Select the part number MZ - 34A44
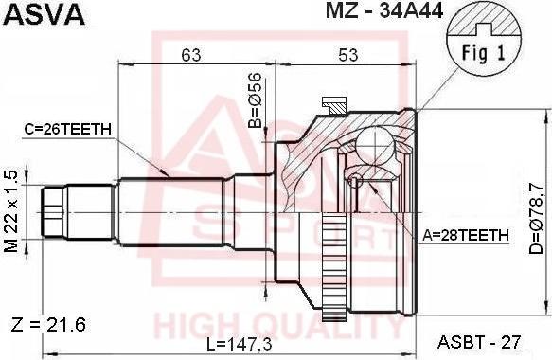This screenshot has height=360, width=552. [384, 10]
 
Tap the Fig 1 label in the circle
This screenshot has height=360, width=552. [483, 53]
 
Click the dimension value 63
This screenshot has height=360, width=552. [192, 55]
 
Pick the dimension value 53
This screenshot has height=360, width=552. [347, 55]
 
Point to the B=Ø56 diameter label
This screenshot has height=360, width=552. [255, 100]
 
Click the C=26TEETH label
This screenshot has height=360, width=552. [67, 129]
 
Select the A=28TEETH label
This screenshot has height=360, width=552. [466, 235]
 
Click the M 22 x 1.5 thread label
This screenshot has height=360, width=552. [11, 211]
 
